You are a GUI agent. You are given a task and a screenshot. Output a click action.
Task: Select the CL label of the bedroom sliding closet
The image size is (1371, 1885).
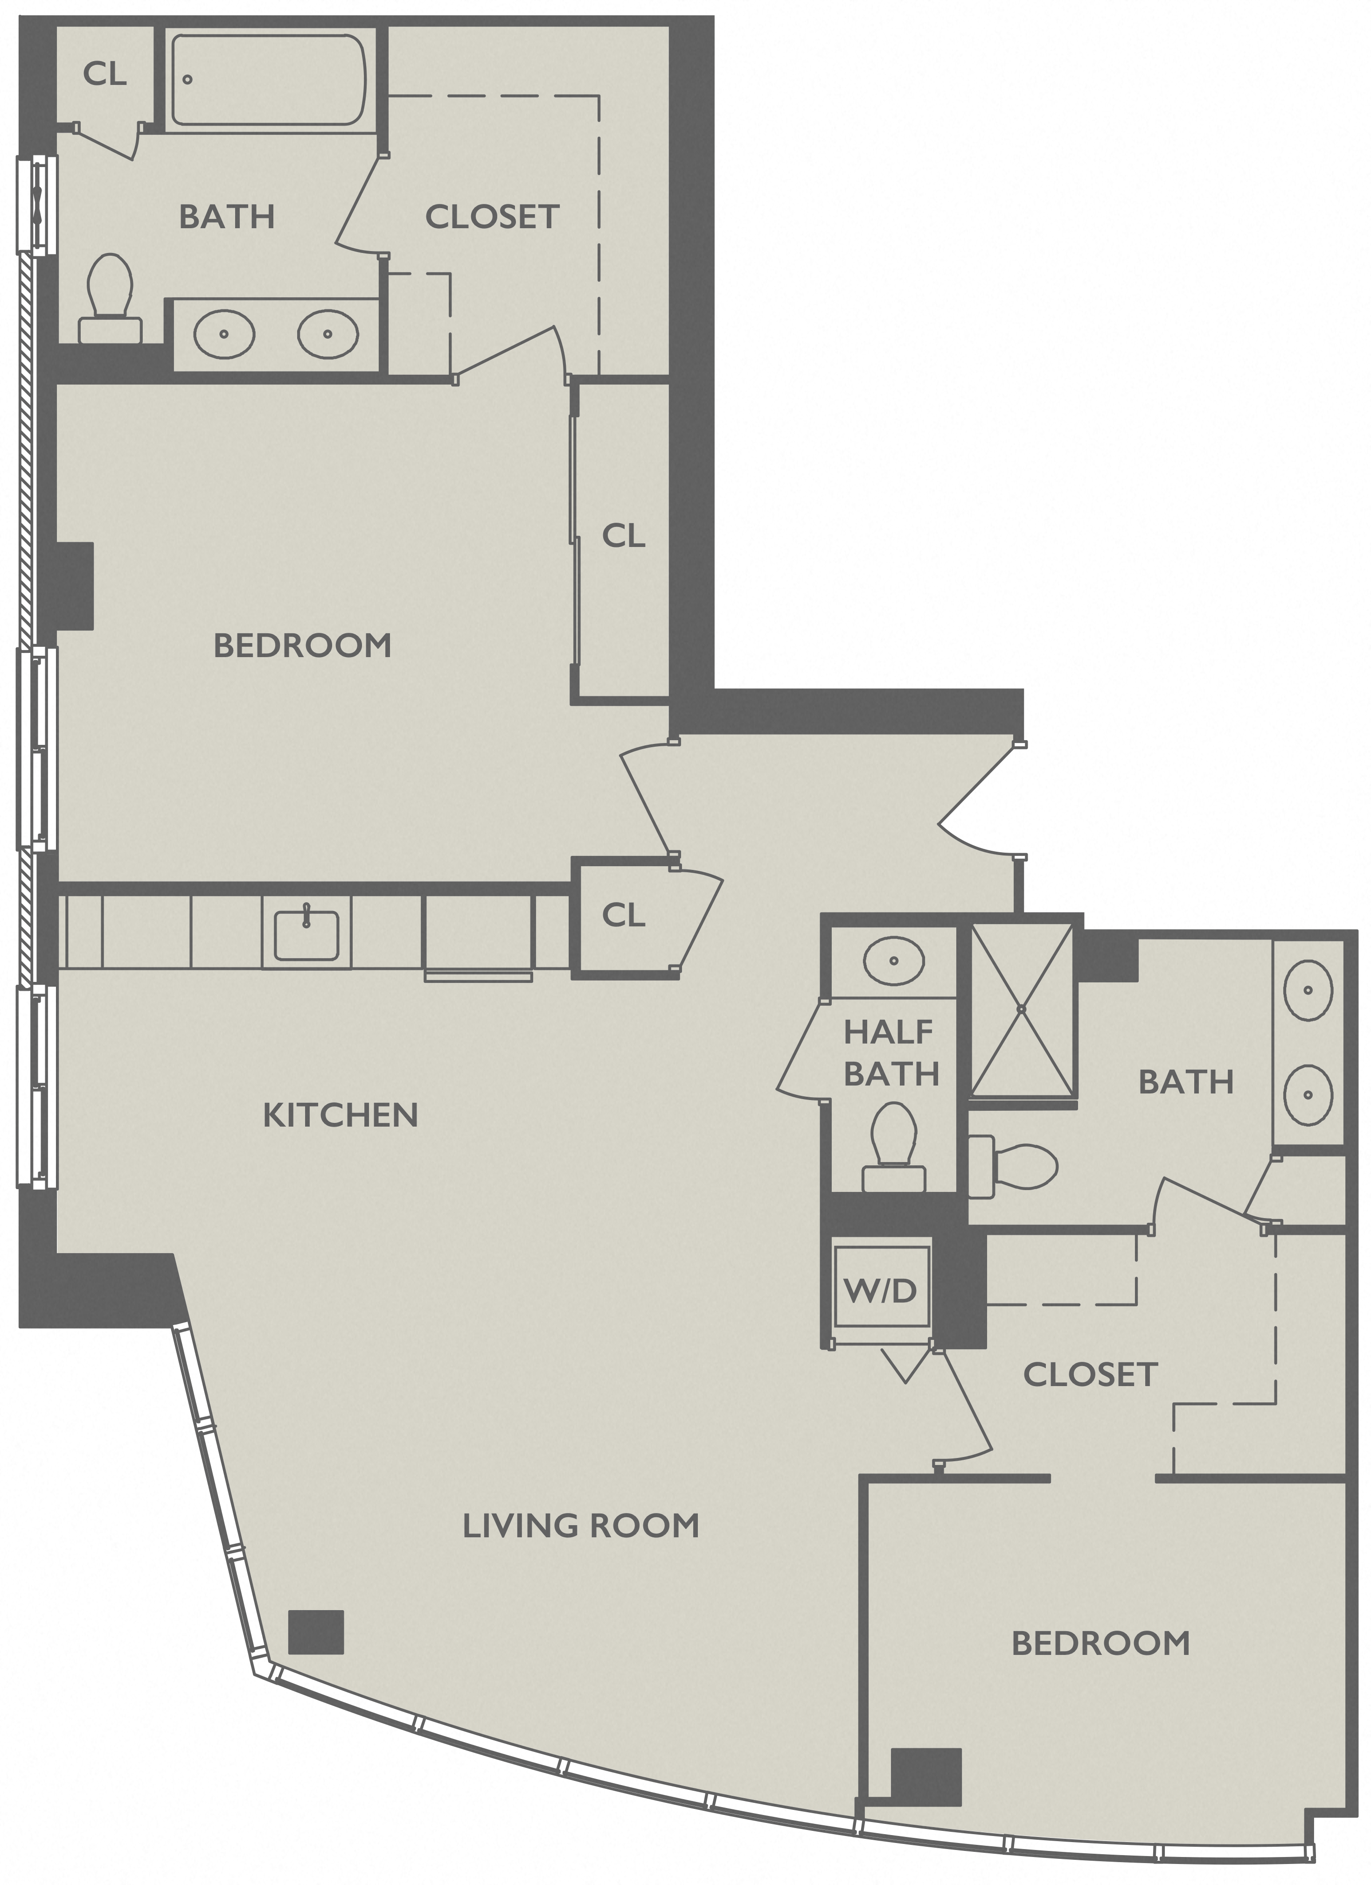pos(623,537)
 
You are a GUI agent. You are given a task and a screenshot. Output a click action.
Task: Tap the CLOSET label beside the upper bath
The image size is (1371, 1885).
pos(492,217)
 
